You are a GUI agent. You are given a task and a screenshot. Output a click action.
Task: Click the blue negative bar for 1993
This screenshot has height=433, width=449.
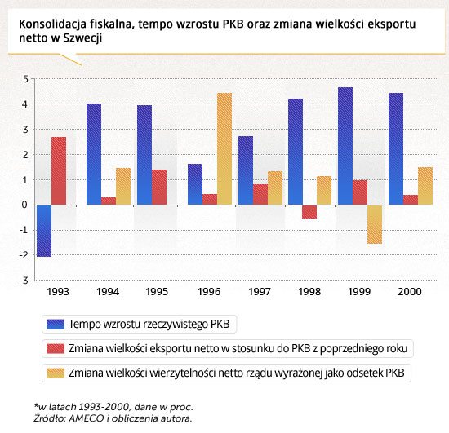coord(44,231)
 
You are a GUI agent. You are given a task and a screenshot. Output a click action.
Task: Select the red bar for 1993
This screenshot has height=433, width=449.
coord(59,171)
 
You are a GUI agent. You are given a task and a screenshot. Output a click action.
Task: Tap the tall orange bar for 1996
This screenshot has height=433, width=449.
coord(224,149)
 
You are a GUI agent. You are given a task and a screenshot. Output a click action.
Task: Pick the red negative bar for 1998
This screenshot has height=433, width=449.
coord(309,212)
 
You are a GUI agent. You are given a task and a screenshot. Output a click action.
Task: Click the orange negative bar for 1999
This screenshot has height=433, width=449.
coord(375,224)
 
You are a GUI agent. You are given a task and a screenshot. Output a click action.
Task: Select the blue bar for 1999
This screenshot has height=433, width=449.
coord(345,146)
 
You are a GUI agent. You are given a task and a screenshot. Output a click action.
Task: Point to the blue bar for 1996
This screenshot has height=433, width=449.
coord(195,184)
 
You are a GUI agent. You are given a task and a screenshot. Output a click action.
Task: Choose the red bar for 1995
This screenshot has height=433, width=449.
coord(159,188)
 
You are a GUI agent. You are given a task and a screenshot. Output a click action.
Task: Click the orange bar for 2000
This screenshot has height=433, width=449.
coord(425,186)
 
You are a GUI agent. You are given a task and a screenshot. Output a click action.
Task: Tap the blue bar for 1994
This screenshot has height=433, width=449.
coord(94,154)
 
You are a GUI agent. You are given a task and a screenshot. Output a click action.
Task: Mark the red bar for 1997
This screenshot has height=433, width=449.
coord(260,195)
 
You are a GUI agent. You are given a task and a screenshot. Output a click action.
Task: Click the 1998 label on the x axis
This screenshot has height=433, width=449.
coord(309,292)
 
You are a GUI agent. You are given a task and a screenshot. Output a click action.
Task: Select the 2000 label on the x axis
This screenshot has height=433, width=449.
coord(410,292)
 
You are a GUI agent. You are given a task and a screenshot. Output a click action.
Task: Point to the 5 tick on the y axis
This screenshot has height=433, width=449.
coord(25,79)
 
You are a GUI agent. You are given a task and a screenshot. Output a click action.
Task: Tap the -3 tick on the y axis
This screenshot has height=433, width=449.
coord(24,281)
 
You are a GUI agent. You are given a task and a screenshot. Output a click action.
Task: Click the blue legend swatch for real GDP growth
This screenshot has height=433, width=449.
coord(56,324)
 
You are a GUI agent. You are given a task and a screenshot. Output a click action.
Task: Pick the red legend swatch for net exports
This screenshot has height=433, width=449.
coord(56,349)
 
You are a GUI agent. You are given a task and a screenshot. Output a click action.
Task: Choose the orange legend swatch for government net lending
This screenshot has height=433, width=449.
coord(56,373)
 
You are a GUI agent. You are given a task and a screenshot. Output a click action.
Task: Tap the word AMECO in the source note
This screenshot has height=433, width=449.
coord(87,418)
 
